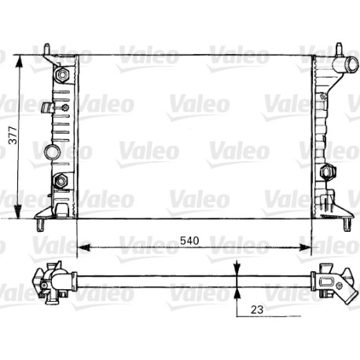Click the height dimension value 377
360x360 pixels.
[x=13, y=135]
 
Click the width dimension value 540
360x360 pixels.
[x=189, y=241]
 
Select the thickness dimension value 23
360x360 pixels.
[x=257, y=310]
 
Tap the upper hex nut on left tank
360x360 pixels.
[x=62, y=75]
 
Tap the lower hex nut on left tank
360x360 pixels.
[x=61, y=181]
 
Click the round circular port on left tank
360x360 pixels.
[x=52, y=152]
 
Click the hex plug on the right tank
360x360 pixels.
[x=329, y=171]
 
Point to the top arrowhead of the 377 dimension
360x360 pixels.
[x=19, y=62]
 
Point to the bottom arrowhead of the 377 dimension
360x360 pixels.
[x=17, y=211]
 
